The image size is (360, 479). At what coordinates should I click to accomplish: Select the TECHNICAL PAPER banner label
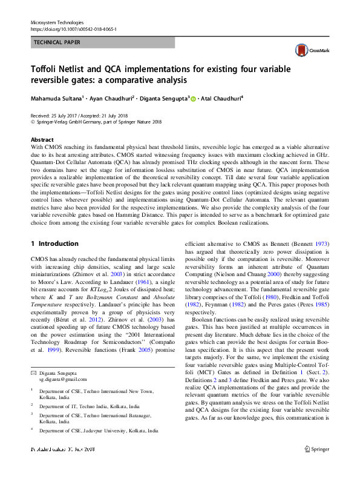coord(57,42)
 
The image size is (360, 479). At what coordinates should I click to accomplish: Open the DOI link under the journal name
coord(74,29)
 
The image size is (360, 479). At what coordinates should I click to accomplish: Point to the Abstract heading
coord(42,139)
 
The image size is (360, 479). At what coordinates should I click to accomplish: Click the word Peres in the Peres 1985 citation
coord(301,305)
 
